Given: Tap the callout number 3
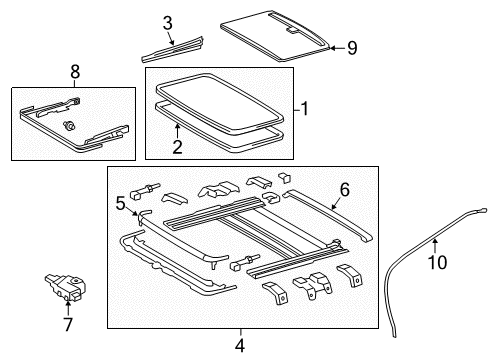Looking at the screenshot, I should pos(167,22).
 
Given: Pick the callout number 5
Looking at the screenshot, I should pos(121,204).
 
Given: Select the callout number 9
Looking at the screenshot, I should pos(351,46).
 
